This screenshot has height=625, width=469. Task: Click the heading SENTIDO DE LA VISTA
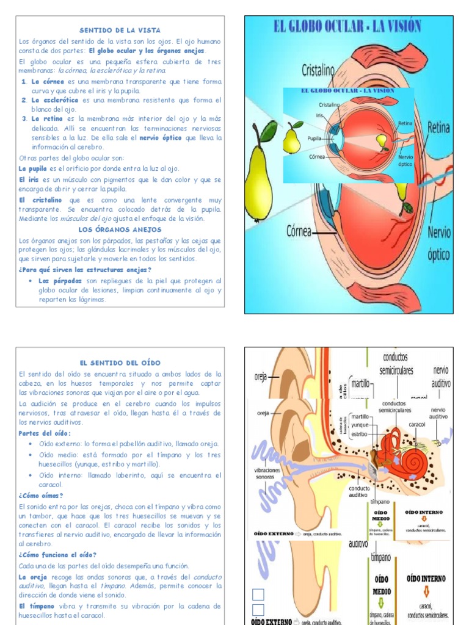tap(120, 30)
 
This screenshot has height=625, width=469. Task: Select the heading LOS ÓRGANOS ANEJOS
tap(120, 229)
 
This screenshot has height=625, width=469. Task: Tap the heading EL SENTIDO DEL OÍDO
tap(120, 363)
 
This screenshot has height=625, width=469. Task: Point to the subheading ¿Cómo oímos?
tap(40, 496)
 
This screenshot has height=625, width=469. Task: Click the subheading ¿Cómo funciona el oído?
tap(57, 555)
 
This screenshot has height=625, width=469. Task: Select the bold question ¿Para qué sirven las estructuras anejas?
tap(85, 270)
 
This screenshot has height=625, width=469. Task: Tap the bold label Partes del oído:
tap(45, 433)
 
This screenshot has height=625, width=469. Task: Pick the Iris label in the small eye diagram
tap(319, 115)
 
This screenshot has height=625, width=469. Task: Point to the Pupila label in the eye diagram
tap(314, 138)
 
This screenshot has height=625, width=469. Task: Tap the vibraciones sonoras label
tap(267, 474)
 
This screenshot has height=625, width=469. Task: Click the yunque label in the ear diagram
tap(360, 425)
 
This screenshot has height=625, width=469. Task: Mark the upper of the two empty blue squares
tap(258, 594)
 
